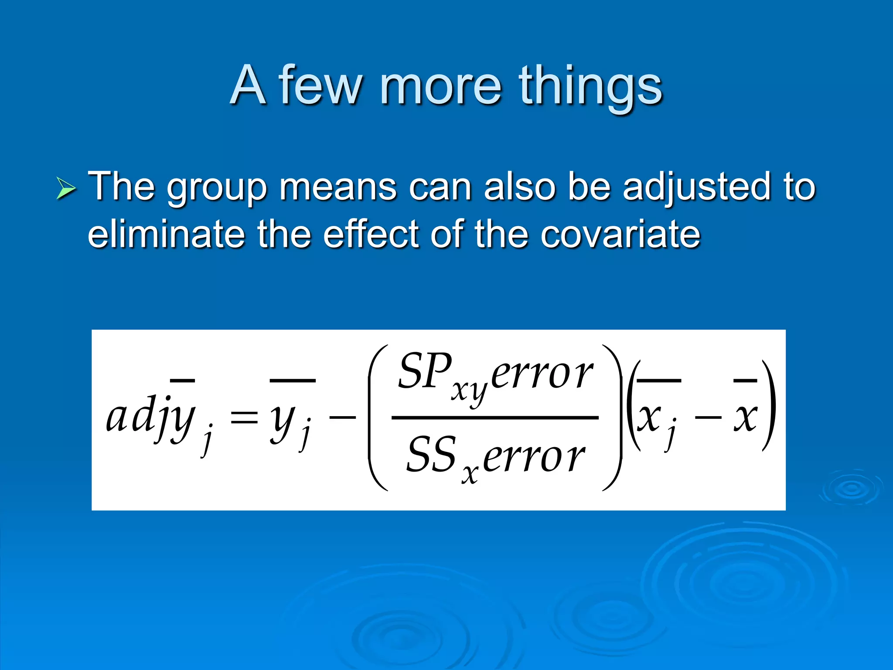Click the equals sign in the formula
[244, 418]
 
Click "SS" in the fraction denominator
[431, 455]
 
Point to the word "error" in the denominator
[534, 458]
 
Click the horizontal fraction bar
[495, 417]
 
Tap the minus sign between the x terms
[708, 418]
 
